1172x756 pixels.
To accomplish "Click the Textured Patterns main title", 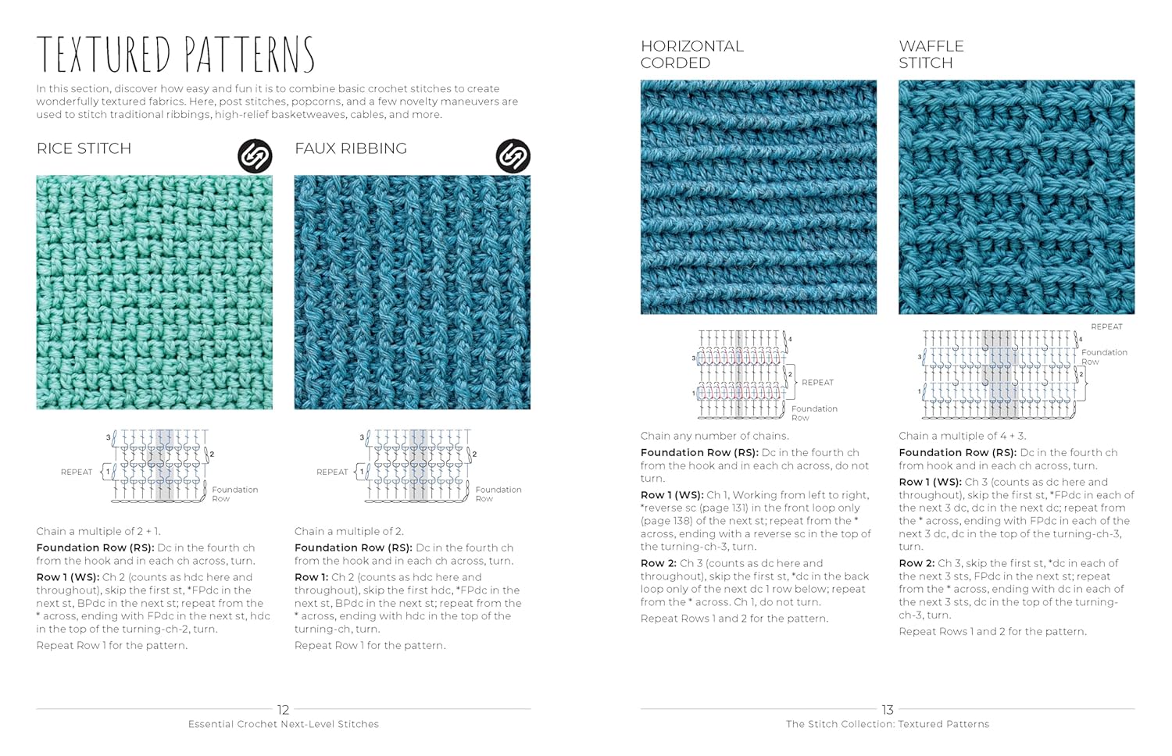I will [x=175, y=55].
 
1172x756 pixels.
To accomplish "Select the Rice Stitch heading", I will [x=84, y=148].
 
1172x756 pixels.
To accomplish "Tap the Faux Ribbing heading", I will [x=350, y=148].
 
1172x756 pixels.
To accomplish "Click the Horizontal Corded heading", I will [x=691, y=55].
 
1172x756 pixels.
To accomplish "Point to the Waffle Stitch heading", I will [x=931, y=55].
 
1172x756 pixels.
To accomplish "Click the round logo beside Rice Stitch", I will [x=255, y=156].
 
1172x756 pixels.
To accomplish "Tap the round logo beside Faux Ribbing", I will [x=513, y=156].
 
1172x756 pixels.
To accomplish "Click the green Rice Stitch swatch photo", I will [x=154, y=292].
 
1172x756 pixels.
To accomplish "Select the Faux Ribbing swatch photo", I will [x=412, y=292].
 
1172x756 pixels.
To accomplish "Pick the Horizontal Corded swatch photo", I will [x=758, y=197].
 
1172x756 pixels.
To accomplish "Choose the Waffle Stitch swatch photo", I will [x=1016, y=197].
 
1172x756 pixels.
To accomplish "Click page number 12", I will [x=283, y=710].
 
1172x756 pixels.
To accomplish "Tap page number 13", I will [x=888, y=710].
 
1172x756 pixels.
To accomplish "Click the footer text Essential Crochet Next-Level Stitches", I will [x=283, y=725].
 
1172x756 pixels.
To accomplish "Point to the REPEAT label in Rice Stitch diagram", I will [x=77, y=472].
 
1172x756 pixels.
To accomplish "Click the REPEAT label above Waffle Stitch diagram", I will [x=1106, y=326].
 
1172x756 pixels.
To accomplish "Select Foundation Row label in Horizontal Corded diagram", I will [x=813, y=412].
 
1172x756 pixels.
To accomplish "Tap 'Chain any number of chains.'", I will [x=714, y=436].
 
